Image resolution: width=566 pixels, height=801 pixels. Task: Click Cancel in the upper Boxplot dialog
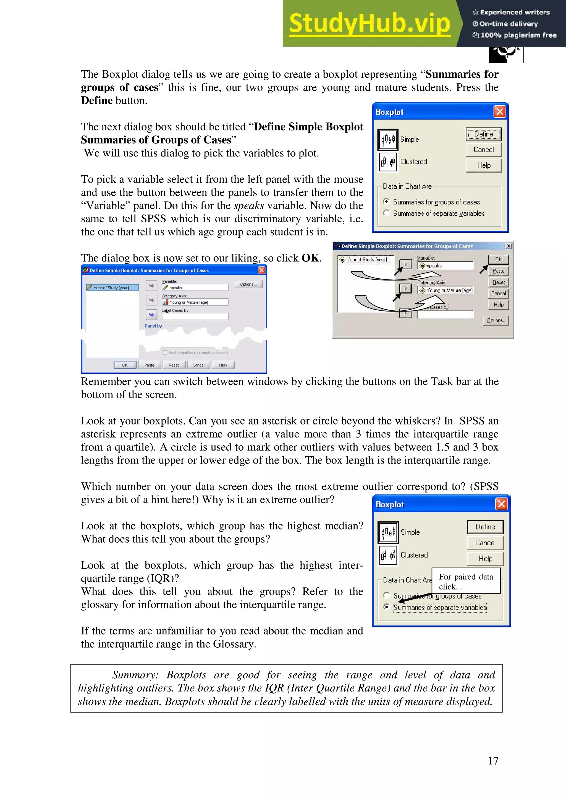(483, 150)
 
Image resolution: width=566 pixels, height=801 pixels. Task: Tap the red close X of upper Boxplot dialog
(499, 112)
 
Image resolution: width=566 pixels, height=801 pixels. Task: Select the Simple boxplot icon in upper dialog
(388, 140)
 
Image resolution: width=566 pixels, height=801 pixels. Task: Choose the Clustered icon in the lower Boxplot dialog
(388, 555)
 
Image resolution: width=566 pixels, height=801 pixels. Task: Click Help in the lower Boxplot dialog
(485, 559)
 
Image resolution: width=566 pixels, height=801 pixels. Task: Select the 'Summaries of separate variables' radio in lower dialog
(386, 607)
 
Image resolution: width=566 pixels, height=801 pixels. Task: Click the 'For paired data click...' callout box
(466, 581)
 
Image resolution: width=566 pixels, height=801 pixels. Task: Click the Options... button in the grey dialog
(496, 320)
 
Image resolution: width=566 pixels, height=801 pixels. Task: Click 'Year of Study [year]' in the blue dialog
(111, 288)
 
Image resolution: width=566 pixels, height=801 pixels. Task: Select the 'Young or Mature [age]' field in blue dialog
(195, 302)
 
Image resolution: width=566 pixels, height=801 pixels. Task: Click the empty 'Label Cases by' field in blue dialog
(195, 316)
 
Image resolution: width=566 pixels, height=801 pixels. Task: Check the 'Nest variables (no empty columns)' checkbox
(165, 353)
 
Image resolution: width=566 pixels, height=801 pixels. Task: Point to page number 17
(493, 761)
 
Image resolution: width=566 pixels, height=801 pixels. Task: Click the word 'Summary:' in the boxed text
(135, 675)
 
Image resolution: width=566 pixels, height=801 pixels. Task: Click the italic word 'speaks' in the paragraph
(249, 205)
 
